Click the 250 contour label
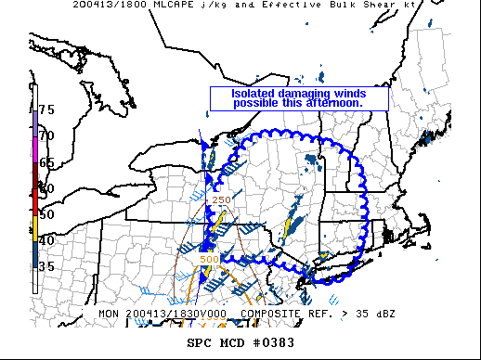click(x=222, y=199)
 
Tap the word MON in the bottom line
click(x=108, y=315)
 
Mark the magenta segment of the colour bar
click(x=35, y=147)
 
